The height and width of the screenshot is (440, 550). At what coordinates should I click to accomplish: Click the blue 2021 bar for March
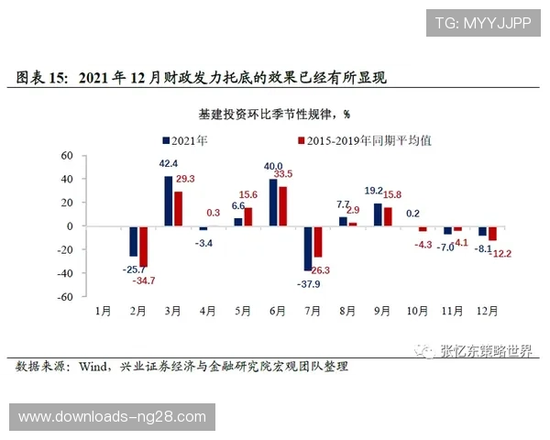click(x=169, y=201)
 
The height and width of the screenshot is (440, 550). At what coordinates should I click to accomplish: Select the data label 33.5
click(x=283, y=173)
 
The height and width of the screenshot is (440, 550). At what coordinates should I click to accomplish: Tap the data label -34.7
click(x=144, y=280)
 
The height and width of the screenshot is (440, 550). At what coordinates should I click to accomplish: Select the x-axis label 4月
click(x=209, y=312)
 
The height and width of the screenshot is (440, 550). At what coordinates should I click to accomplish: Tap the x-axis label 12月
click(x=488, y=312)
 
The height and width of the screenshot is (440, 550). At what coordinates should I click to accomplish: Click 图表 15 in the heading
click(x=42, y=79)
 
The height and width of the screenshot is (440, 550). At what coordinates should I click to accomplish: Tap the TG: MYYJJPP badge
click(x=482, y=23)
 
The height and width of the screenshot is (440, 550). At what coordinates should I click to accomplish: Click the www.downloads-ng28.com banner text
click(x=112, y=417)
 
